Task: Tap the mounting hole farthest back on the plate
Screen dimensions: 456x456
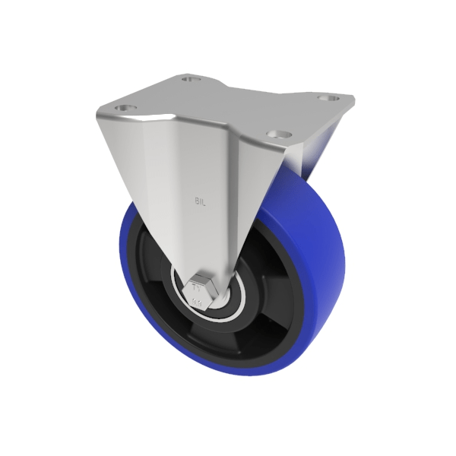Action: coord(190,78)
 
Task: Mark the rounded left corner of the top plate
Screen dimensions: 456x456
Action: coord(103,114)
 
